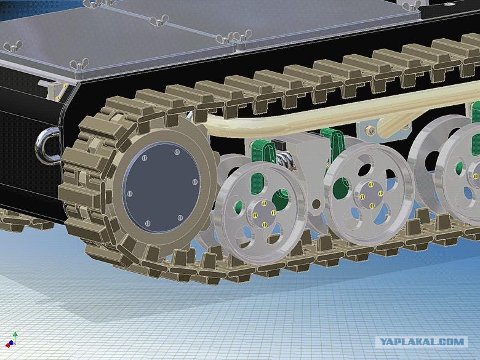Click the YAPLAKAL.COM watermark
click(422, 342)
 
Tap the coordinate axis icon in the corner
click(12, 340)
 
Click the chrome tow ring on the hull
click(46, 146)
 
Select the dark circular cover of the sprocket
click(161, 187)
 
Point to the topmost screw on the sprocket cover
click(177, 152)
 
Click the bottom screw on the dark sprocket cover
click(148, 223)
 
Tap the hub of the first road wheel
click(264, 214)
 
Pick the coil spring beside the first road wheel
click(286, 159)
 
